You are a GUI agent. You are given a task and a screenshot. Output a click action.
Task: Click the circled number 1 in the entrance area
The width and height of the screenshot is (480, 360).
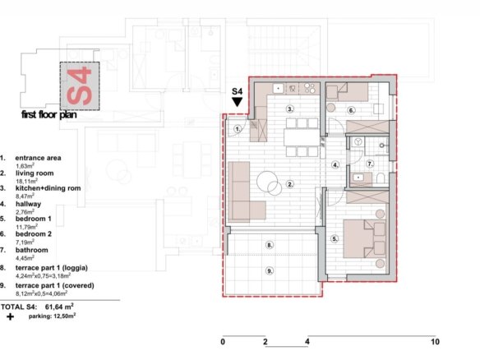238,129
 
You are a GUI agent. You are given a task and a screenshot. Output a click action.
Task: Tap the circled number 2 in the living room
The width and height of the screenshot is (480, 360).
290,184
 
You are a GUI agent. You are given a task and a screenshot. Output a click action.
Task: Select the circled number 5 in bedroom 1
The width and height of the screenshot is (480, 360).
335,239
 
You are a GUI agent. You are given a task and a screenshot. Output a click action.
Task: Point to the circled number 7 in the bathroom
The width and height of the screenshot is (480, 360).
370,164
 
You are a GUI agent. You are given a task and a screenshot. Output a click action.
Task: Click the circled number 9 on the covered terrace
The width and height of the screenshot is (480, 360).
270,270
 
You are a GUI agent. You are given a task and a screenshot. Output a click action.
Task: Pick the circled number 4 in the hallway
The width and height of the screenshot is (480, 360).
335,164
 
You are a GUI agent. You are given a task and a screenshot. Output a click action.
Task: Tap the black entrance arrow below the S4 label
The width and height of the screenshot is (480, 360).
238,102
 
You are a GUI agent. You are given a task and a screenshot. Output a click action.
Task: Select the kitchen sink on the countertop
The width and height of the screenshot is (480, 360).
279,89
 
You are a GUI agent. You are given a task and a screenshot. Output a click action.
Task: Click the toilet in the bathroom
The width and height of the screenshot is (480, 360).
381,178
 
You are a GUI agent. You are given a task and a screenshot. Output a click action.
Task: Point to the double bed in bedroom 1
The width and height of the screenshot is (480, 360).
364,238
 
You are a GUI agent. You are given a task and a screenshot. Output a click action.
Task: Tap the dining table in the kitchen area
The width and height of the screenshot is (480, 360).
302,137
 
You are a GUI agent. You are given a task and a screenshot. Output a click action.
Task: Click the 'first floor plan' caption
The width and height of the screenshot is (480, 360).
49,115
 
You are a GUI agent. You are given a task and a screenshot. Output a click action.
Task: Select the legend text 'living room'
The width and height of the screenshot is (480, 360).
35,173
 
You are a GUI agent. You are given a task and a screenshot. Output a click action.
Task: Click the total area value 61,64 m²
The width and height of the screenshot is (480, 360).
59,307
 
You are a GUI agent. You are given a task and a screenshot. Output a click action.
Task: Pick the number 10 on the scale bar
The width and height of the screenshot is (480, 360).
435,342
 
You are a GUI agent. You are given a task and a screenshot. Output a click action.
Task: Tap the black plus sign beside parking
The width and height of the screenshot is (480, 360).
10,316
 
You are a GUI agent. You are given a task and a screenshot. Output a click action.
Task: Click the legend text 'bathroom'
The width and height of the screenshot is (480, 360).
32,250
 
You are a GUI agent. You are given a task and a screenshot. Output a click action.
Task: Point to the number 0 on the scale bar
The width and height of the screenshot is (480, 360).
223,342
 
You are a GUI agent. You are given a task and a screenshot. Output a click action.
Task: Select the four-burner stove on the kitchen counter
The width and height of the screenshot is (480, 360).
310,89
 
